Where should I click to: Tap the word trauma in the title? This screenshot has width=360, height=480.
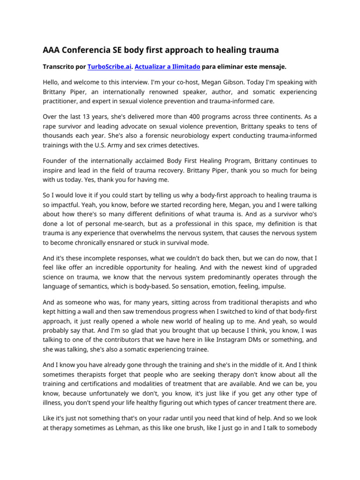click(262, 50)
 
